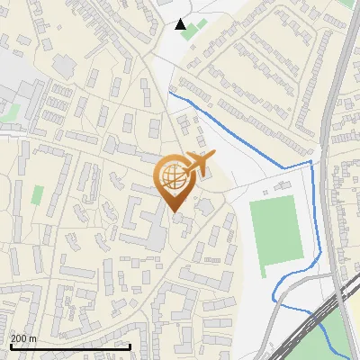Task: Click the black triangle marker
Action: tap(181, 24)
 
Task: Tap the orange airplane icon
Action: tap(201, 165)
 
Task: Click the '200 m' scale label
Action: tap(24, 337)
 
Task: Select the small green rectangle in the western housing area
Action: tap(38, 194)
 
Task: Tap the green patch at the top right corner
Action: tap(347, 4)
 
